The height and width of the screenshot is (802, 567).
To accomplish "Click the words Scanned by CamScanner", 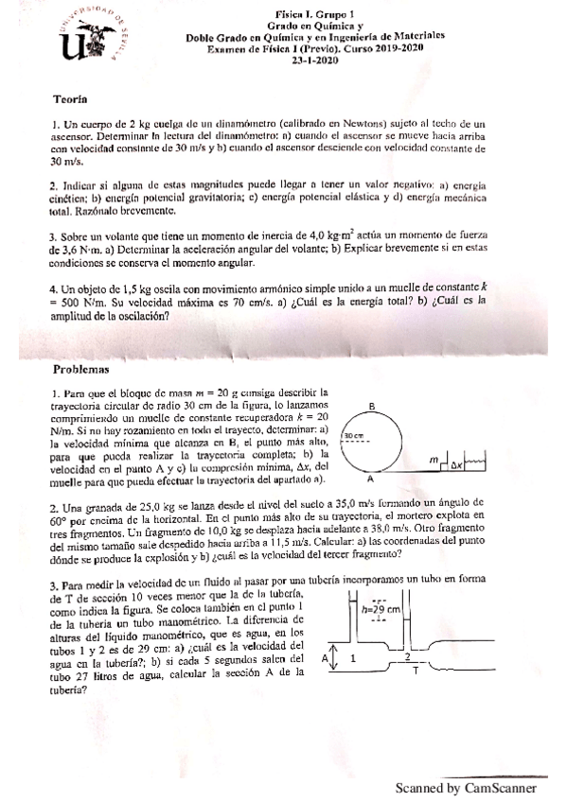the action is pos(465,787).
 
